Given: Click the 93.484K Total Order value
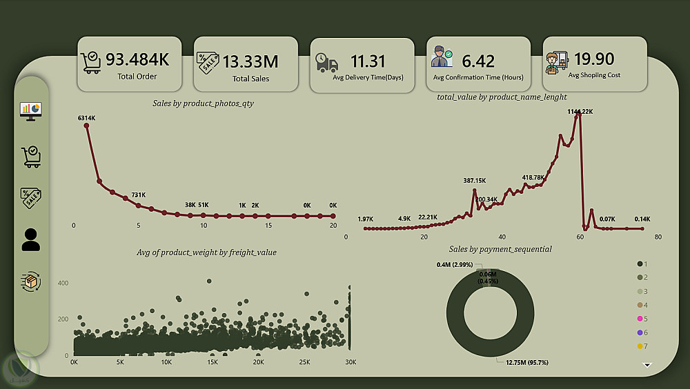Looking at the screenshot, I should [137, 59].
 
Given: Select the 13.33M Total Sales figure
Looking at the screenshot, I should [250, 61].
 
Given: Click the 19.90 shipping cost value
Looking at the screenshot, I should [594, 59].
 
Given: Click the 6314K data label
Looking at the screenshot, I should [86, 118].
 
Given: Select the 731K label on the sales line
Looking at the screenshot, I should [139, 195].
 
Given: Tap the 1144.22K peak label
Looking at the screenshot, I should [580, 111].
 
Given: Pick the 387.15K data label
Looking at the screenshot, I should [474, 181].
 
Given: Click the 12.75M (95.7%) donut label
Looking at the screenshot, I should [522, 363].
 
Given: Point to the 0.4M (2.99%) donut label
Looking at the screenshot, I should [454, 264].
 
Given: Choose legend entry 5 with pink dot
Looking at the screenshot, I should [642, 319].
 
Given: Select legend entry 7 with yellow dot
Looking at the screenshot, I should [642, 346].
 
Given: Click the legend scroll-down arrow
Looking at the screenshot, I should [647, 365].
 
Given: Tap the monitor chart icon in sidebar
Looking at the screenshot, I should [31, 110].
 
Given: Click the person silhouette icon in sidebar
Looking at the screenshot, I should [31, 239].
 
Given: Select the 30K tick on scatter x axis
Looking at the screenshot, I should [351, 363].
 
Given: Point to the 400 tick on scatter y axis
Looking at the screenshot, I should [63, 283].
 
